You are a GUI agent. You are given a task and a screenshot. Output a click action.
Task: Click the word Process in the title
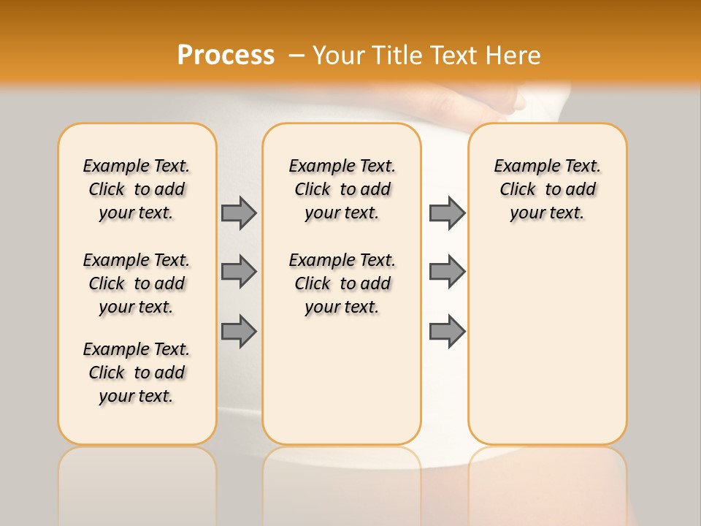pyautogui.click(x=226, y=55)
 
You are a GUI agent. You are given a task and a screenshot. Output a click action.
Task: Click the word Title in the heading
pyautogui.click(x=398, y=56)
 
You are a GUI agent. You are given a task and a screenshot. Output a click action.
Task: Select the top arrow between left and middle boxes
pyautogui.click(x=239, y=213)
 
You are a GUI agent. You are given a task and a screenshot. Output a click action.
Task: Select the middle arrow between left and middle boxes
pyautogui.click(x=239, y=272)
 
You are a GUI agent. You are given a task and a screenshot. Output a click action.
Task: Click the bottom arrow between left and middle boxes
pyautogui.click(x=239, y=331)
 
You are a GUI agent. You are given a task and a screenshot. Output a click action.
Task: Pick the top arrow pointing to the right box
pyautogui.click(x=447, y=213)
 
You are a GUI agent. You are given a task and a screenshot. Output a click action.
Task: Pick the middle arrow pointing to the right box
pyautogui.click(x=447, y=272)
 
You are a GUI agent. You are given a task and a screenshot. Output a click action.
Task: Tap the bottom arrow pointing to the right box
pyautogui.click(x=447, y=331)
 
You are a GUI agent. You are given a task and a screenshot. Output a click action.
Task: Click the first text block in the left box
pyautogui.click(x=137, y=189)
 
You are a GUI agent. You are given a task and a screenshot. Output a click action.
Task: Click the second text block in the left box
pyautogui.click(x=137, y=283)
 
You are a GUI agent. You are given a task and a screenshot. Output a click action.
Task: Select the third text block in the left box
pyautogui.click(x=137, y=373)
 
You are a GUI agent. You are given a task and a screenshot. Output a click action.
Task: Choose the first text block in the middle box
pyautogui.click(x=342, y=189)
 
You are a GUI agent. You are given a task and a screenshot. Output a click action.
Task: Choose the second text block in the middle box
pyautogui.click(x=342, y=283)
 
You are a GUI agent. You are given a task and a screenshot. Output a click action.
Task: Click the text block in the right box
pyautogui.click(x=547, y=189)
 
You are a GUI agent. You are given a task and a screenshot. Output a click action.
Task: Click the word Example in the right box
pyautogui.click(x=521, y=167)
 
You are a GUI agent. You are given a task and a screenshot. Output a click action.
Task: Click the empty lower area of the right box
pyautogui.click(x=547, y=343)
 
